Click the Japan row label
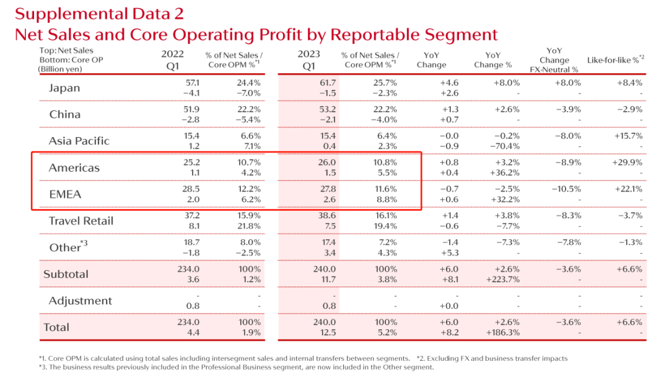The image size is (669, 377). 64,87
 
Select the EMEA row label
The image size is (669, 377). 65,194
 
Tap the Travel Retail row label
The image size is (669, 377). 81,221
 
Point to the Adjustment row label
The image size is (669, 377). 81,301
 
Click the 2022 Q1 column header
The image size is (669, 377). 173,60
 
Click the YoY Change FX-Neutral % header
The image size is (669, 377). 554,60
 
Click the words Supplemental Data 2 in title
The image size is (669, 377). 99,14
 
